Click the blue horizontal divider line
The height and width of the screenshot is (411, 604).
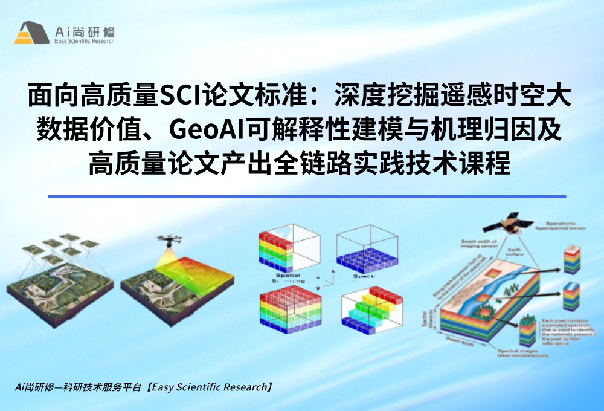tap(307, 196)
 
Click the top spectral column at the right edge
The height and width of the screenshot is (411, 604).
tap(571, 260)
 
